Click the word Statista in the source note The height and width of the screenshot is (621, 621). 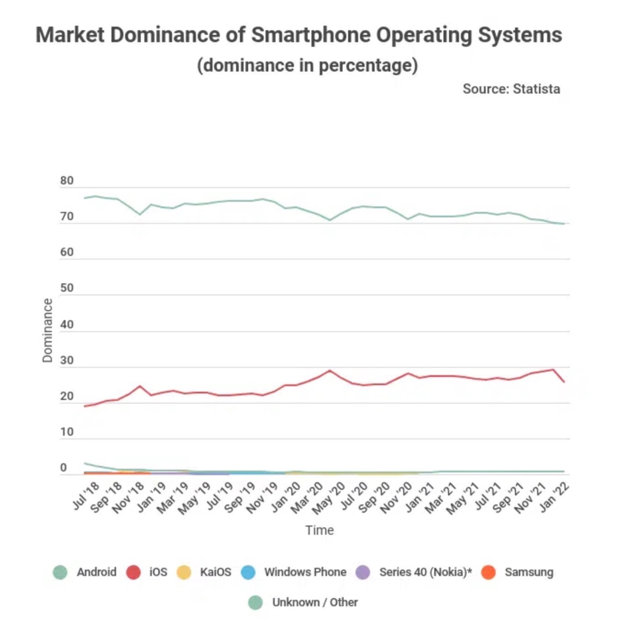coord(536,89)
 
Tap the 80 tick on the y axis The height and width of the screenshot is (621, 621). coord(67,181)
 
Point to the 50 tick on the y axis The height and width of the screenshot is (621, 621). coord(67,288)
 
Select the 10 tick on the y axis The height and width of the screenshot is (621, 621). coord(67,432)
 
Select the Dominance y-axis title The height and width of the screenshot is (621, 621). coord(47,331)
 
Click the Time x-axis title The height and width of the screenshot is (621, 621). coord(320,530)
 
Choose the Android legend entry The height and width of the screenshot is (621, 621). coord(96,572)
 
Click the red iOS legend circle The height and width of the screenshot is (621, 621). coord(133,572)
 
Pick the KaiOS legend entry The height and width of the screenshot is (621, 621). coord(215,572)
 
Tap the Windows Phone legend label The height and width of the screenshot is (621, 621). coord(305,572)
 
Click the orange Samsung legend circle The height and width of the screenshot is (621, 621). coord(488,572)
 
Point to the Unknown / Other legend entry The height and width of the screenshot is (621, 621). coord(314,602)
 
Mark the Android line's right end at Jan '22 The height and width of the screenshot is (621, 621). coord(564,224)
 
